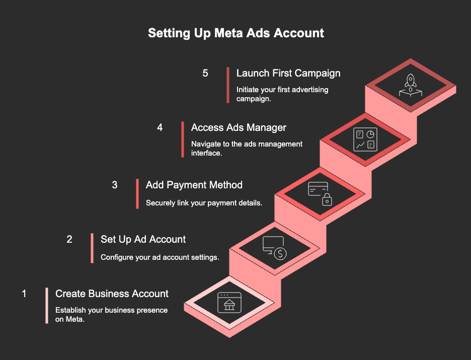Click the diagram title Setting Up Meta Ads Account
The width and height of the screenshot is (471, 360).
(236, 33)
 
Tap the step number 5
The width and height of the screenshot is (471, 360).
(205, 73)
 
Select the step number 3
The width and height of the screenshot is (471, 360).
(114, 185)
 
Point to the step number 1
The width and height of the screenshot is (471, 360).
(24, 294)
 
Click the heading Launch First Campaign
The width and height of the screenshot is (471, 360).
(288, 73)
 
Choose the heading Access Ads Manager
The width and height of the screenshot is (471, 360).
(239, 127)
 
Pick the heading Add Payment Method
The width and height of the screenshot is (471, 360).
(194, 185)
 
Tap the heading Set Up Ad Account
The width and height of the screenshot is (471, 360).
(143, 239)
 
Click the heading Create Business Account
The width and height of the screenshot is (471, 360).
(112, 294)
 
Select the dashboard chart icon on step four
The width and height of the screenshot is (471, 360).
(365, 139)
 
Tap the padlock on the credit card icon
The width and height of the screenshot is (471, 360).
(327, 200)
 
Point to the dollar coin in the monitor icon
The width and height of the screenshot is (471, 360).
(280, 254)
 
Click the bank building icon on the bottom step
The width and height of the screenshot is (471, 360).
(229, 305)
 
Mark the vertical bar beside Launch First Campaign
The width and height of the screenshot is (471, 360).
(228, 85)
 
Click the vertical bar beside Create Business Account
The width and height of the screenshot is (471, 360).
(47, 306)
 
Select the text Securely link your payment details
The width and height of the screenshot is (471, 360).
(204, 203)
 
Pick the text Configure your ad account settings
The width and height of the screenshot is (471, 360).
(160, 257)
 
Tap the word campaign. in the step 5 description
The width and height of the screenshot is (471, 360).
(254, 99)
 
